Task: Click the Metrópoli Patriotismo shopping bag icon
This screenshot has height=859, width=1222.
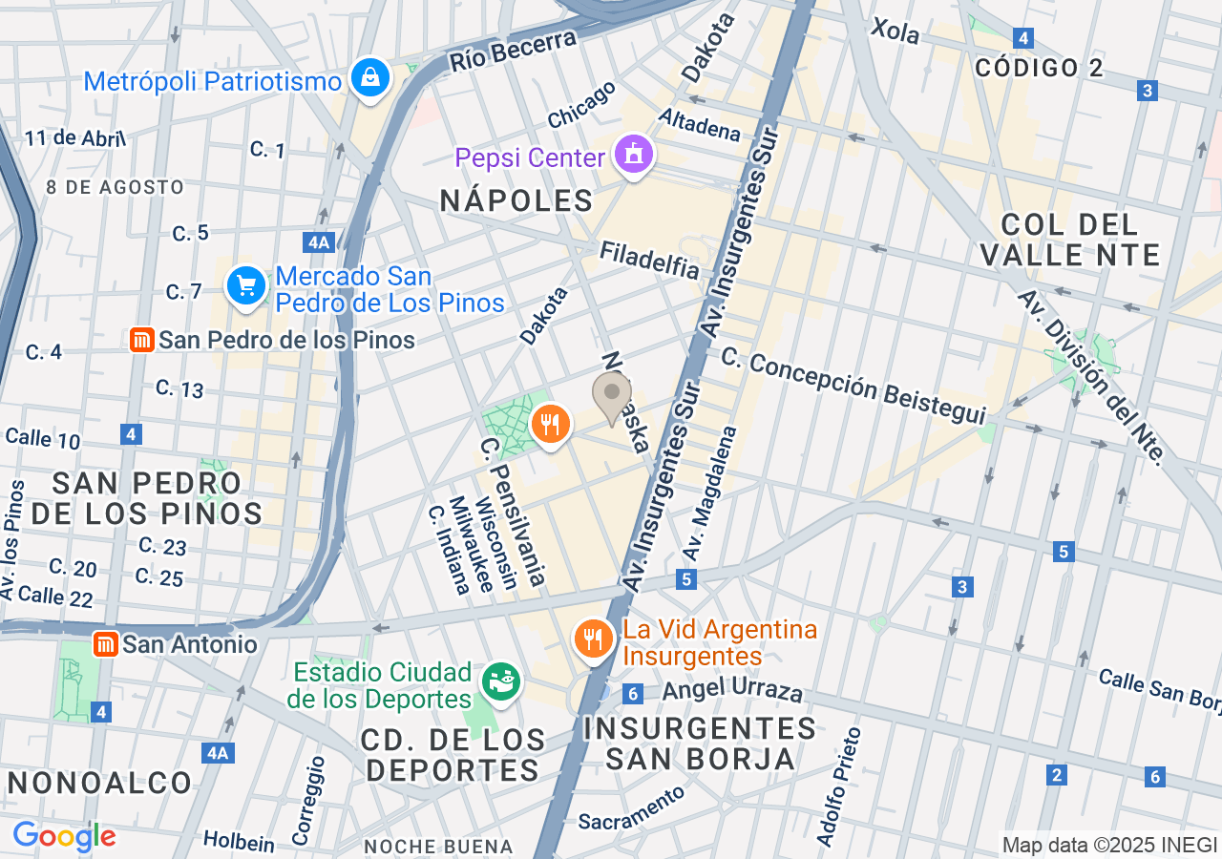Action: tap(369, 77)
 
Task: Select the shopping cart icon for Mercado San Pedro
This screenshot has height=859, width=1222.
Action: tap(246, 284)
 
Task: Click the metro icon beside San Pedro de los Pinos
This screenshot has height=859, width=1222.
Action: tap(142, 340)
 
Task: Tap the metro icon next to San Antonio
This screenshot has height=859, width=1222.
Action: tap(106, 644)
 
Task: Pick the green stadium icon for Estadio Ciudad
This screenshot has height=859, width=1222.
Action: tap(502, 680)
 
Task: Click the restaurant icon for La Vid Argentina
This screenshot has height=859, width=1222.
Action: tap(594, 639)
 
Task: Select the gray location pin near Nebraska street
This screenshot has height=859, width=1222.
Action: tap(612, 394)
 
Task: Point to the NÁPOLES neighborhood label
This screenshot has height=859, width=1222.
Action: tap(516, 200)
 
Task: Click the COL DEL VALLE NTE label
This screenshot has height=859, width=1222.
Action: tap(1069, 240)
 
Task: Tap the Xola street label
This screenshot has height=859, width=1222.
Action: tap(895, 31)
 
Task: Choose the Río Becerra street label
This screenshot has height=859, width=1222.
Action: tap(514, 51)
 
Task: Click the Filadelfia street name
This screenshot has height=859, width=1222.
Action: tap(649, 260)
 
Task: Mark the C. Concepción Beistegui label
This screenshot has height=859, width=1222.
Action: tap(853, 386)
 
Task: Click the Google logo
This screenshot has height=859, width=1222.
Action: tap(64, 837)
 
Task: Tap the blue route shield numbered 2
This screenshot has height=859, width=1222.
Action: tap(1056, 775)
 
